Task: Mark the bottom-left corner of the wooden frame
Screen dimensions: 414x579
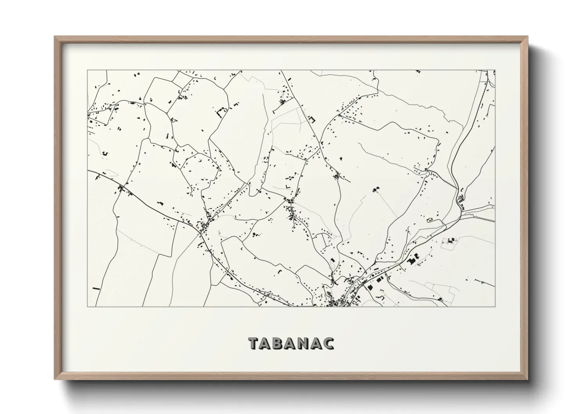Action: (x=55, y=379)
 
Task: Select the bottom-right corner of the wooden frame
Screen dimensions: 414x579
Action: (x=528, y=379)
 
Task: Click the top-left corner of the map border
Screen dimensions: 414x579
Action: (x=87, y=70)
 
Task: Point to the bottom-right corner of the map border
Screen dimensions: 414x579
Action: (x=495, y=306)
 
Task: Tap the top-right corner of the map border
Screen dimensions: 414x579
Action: (x=495, y=70)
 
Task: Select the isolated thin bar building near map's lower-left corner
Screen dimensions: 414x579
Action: (x=95, y=289)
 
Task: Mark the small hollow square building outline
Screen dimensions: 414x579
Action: (x=312, y=119)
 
